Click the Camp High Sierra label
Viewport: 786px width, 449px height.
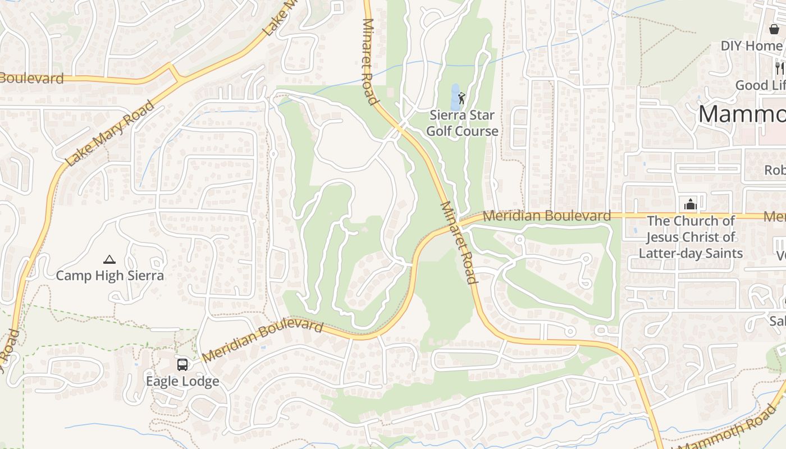click(x=109, y=276)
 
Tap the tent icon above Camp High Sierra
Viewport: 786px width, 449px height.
click(x=109, y=259)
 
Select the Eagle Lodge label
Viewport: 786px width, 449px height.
click(x=182, y=381)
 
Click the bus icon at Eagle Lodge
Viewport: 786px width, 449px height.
click(x=182, y=365)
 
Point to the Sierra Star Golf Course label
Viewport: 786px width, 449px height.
click(x=462, y=123)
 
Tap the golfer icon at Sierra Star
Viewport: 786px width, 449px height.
click(x=462, y=99)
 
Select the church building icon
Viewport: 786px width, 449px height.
click(x=691, y=204)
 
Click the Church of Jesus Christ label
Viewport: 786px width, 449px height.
click(x=691, y=237)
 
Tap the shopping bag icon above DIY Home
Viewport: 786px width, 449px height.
click(x=774, y=29)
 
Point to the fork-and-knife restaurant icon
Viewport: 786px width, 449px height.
click(x=779, y=68)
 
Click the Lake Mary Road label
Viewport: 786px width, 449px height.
click(x=109, y=134)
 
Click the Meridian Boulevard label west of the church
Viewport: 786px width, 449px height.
click(x=547, y=216)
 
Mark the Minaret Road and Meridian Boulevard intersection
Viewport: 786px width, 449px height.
click(x=459, y=224)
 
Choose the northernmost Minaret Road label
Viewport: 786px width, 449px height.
click(x=369, y=62)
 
